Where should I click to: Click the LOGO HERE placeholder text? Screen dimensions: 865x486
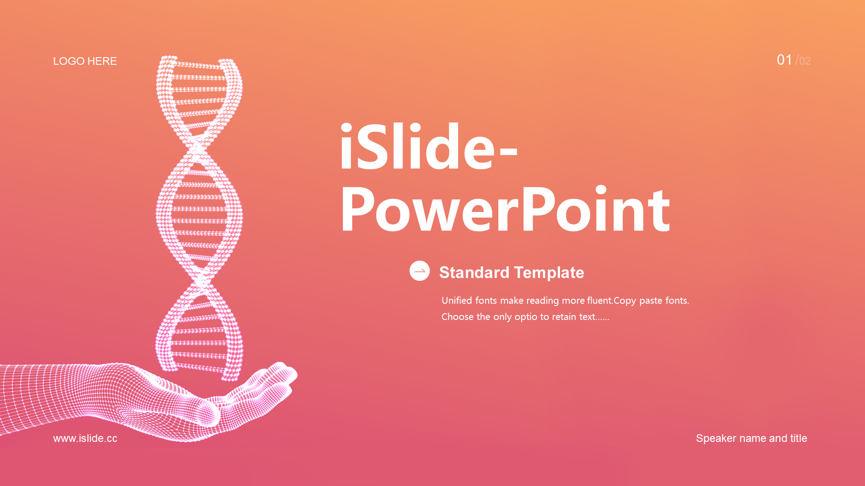click(x=85, y=61)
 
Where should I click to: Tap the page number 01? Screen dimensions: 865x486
click(x=784, y=60)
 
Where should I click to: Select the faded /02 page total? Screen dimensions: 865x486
click(x=803, y=60)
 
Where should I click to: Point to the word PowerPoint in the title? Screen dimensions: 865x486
click(x=505, y=210)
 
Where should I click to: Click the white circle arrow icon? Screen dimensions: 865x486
click(x=419, y=271)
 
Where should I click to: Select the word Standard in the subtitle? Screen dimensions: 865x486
click(x=474, y=272)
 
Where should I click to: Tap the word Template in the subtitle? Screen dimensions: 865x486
click(x=549, y=273)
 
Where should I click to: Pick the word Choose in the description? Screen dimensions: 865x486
click(x=457, y=317)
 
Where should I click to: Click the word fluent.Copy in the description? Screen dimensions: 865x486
click(x=611, y=301)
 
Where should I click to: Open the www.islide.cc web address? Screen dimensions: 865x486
click(x=85, y=438)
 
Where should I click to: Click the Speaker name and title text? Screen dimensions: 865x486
click(x=751, y=438)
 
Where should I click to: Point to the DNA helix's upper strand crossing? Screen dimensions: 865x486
click(x=196, y=146)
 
